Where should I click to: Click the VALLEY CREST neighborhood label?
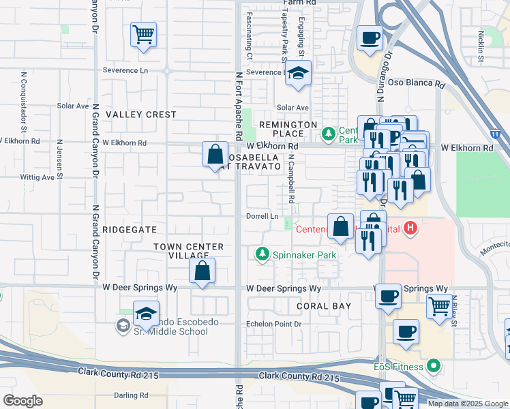point(141,115)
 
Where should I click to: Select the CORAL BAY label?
point(324,306)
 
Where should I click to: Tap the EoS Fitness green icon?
point(433,367)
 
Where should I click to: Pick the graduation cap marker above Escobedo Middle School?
point(146,313)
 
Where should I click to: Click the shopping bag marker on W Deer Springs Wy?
point(202,270)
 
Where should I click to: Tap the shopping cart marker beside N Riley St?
point(440,305)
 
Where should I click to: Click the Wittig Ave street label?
point(37,177)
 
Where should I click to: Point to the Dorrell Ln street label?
point(263,217)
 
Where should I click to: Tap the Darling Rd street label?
point(131,395)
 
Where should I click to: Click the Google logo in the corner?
point(22,401)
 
